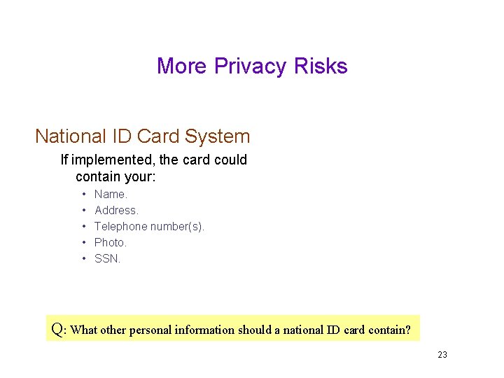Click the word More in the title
pos(183,66)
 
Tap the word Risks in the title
pos(321,66)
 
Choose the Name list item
pos(111,194)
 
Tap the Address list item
pos(116,210)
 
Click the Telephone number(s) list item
pos(149,226)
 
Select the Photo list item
pos(111,242)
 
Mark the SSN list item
pos(107,258)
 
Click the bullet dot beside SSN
pos(83,258)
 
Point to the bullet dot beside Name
pos(83,194)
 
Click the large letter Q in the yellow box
pos(58,328)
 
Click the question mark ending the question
pos(407,329)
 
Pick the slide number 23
pos(442,355)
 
